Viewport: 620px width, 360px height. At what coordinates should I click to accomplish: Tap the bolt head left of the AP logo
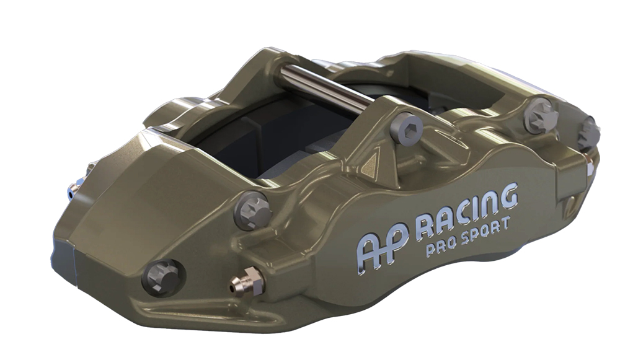point(252,210)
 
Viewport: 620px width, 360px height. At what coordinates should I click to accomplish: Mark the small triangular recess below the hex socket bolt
point(373,162)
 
